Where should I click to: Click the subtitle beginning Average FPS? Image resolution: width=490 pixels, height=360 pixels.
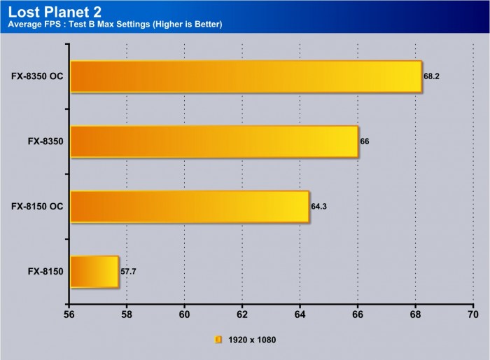(x=115, y=25)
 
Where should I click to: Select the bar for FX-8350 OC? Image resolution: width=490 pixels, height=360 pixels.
(x=246, y=76)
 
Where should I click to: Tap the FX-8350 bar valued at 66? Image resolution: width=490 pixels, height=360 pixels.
(x=214, y=141)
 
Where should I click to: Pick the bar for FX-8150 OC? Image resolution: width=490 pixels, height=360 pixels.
(x=190, y=207)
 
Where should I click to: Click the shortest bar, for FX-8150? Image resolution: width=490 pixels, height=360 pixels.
(x=94, y=272)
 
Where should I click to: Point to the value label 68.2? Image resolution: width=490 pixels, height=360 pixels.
(x=432, y=76)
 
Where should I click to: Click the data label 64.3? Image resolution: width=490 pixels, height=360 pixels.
(x=319, y=207)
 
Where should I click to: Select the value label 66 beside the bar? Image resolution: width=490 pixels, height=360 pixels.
(x=364, y=141)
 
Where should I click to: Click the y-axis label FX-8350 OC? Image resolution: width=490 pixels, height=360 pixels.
(x=38, y=76)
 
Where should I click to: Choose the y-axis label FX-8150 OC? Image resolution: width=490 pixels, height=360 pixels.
(x=38, y=207)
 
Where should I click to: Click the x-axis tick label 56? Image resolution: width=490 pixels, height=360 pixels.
(x=69, y=315)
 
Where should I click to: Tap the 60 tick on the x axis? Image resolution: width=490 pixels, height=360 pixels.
(x=185, y=315)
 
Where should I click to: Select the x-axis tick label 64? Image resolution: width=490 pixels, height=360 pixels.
(x=300, y=315)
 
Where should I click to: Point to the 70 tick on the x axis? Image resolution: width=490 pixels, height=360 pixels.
(x=472, y=315)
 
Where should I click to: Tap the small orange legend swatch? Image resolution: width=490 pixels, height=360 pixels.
(x=218, y=340)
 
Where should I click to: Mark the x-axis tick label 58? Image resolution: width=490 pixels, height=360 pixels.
(x=127, y=315)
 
